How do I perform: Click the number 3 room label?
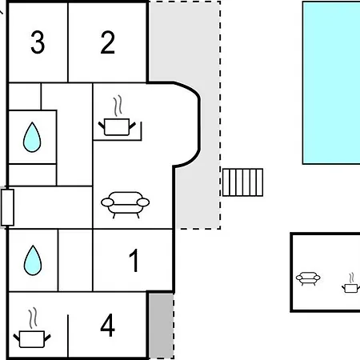(x=38, y=42)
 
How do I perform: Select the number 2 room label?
(x=108, y=42)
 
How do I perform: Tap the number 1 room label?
(x=134, y=261)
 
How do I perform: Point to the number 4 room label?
(x=108, y=326)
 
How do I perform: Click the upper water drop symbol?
(x=32, y=138)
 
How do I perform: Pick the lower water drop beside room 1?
(x=33, y=261)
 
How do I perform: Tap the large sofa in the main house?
(x=126, y=205)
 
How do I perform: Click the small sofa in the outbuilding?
(x=308, y=278)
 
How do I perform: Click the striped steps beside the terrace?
(x=242, y=182)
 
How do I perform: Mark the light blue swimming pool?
(x=331, y=82)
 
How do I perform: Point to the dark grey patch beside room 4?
(x=161, y=326)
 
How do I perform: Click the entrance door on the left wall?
(x=7, y=207)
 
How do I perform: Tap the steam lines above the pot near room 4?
(x=33, y=318)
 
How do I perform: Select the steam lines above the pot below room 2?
(x=118, y=106)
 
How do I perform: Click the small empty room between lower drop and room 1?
(x=75, y=260)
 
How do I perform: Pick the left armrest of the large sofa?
(x=107, y=202)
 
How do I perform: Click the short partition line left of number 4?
(x=68, y=336)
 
